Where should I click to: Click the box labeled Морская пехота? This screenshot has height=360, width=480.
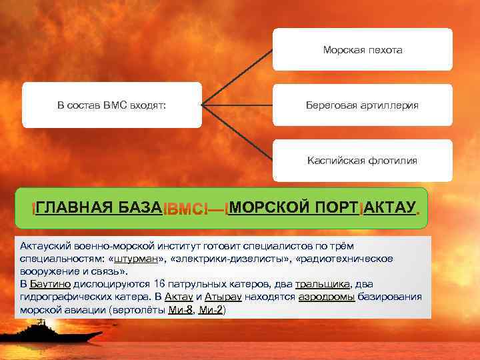click(x=362, y=50)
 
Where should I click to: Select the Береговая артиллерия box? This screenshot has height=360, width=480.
click(x=362, y=105)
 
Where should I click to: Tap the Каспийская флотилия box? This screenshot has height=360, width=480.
click(x=362, y=160)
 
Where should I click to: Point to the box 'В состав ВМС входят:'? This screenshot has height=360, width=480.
click(x=111, y=105)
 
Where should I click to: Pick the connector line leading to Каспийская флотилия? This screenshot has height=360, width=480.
click(x=237, y=133)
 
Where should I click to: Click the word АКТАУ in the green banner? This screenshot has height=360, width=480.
click(x=390, y=207)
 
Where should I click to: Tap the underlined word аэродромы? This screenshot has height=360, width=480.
click(x=327, y=297)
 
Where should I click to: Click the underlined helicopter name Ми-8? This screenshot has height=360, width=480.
click(x=179, y=310)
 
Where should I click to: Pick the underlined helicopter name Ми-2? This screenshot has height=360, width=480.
click(x=213, y=310)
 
